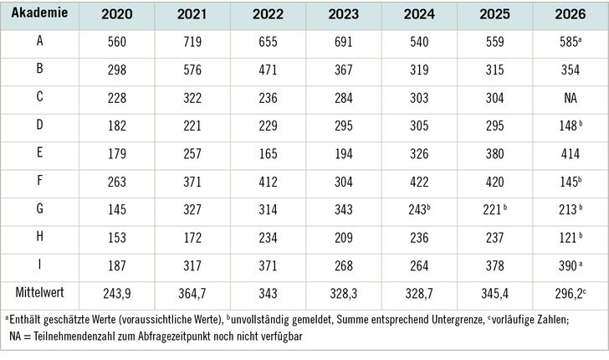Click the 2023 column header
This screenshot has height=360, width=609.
(344, 14)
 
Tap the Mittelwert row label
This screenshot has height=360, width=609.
(39, 293)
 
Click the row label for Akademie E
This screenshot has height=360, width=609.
(39, 152)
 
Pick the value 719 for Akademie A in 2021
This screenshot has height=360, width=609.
(192, 42)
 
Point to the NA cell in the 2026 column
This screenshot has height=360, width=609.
(571, 98)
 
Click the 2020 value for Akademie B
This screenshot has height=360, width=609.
(117, 69)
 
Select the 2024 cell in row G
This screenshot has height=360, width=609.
(419, 209)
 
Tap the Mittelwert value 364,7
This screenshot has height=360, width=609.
(192, 294)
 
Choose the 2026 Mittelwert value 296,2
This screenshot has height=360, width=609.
(571, 294)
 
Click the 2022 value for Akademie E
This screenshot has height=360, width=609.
(268, 153)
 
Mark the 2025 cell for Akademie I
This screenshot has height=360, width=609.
(495, 265)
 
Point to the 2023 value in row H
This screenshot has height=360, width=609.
(344, 238)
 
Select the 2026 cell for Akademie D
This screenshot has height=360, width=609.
(571, 126)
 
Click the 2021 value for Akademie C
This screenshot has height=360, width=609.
(192, 98)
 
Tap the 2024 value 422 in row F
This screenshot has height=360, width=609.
(419, 182)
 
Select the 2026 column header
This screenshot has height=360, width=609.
(571, 14)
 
